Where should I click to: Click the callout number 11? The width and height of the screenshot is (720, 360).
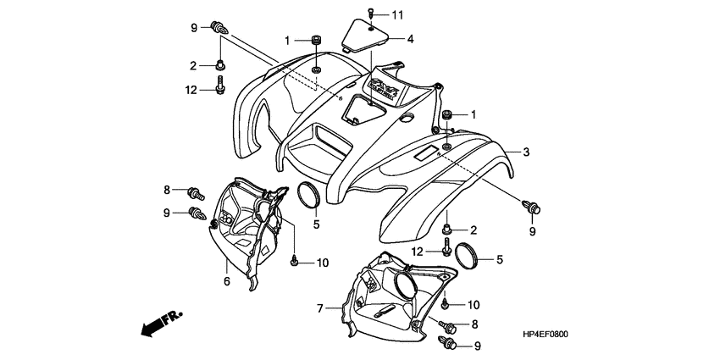pyautogui.click(x=398, y=15)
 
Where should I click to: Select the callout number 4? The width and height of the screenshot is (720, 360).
pyautogui.click(x=410, y=38)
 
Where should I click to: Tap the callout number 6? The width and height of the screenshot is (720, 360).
pyautogui.click(x=227, y=280)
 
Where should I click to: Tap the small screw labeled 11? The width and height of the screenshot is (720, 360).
pyautogui.click(x=374, y=14)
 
